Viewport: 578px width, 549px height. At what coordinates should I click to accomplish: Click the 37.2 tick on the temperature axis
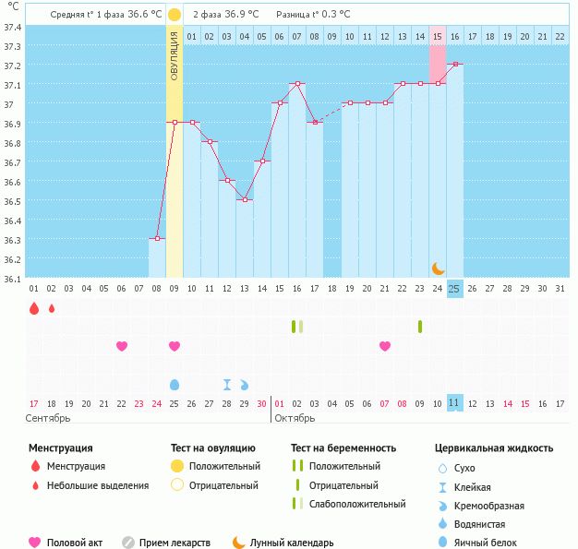[x=12, y=66]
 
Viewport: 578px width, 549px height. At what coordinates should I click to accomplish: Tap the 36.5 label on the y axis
[x=12, y=201]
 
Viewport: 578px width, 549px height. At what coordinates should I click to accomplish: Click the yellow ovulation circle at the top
[x=175, y=16]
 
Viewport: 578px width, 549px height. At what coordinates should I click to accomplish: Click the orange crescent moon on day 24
[x=438, y=269]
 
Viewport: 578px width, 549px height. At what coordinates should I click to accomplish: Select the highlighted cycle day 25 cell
[x=454, y=289]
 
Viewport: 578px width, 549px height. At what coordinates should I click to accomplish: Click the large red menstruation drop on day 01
[x=34, y=308]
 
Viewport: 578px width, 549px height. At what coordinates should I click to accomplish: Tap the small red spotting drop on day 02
[x=52, y=308]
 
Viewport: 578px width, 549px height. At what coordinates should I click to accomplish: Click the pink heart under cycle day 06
[x=122, y=346]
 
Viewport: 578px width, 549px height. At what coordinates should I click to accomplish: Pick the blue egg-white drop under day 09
[x=175, y=384]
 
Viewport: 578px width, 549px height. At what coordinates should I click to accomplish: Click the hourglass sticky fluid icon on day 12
[x=227, y=384]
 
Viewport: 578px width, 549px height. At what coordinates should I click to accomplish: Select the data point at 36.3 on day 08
[x=157, y=239]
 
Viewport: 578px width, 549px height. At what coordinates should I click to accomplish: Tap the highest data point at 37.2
[x=454, y=65]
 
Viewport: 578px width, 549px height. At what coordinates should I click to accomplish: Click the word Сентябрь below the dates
[x=48, y=418]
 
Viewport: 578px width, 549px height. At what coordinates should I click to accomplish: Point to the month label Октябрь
[x=295, y=418]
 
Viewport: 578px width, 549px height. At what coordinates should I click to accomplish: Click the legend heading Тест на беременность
[x=343, y=448]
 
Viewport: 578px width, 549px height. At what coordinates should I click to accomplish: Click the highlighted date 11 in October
[x=454, y=403]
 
